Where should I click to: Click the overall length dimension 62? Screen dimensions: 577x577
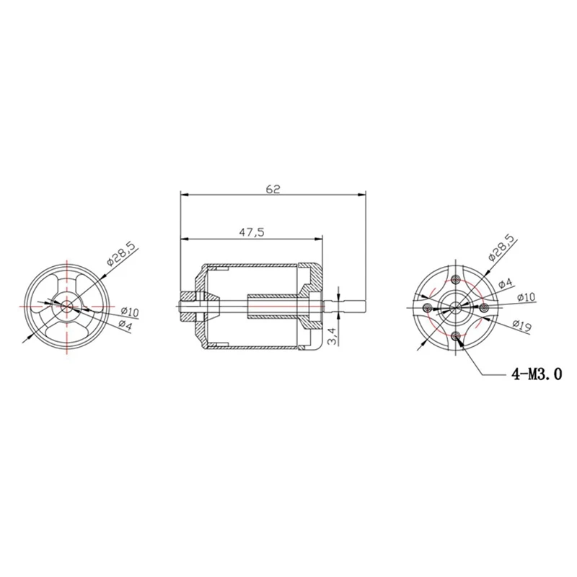[272, 190]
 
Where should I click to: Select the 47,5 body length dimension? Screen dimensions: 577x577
[251, 232]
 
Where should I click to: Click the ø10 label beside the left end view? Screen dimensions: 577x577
[130, 312]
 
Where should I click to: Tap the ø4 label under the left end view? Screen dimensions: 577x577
[125, 325]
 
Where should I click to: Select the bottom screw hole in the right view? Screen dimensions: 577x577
[455, 337]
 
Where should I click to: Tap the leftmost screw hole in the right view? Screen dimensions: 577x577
[427, 308]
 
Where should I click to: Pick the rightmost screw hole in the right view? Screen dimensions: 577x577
[484, 308]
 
